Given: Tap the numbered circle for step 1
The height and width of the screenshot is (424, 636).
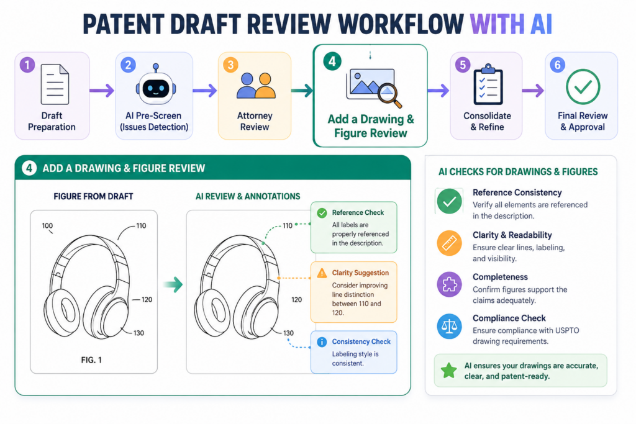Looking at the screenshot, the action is click(27, 65).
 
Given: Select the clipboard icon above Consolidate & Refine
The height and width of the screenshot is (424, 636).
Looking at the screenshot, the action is click(488, 84).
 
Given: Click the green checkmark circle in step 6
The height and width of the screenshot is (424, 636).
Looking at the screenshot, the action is click(583, 87).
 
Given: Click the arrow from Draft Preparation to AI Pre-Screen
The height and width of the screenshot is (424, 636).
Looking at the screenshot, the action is click(102, 91).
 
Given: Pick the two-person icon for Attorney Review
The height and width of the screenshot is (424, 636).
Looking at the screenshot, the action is click(256, 86).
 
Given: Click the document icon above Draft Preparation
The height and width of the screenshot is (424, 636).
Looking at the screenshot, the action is click(55, 84).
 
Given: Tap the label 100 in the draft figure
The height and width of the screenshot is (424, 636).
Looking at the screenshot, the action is click(47, 226).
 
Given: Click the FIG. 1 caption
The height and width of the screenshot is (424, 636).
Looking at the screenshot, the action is click(91, 360).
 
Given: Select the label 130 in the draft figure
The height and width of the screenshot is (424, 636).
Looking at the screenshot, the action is click(139, 333).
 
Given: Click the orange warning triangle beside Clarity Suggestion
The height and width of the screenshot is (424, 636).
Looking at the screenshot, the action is click(322, 273).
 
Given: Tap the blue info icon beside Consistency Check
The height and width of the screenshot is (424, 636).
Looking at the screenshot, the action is click(322, 342).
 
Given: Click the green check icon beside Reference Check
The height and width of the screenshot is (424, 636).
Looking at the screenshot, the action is click(322, 213).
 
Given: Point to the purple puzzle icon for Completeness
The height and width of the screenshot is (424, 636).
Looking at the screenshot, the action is click(450, 284).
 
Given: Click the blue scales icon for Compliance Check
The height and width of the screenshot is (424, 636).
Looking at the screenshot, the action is click(450, 327).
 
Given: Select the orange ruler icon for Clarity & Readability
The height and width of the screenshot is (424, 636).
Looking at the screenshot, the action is click(450, 243).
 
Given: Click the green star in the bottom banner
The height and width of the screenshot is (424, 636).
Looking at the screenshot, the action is click(449, 371).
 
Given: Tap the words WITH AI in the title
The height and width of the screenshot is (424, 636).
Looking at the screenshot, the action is click(511, 24).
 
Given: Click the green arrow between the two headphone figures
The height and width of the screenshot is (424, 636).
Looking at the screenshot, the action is click(173, 284).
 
